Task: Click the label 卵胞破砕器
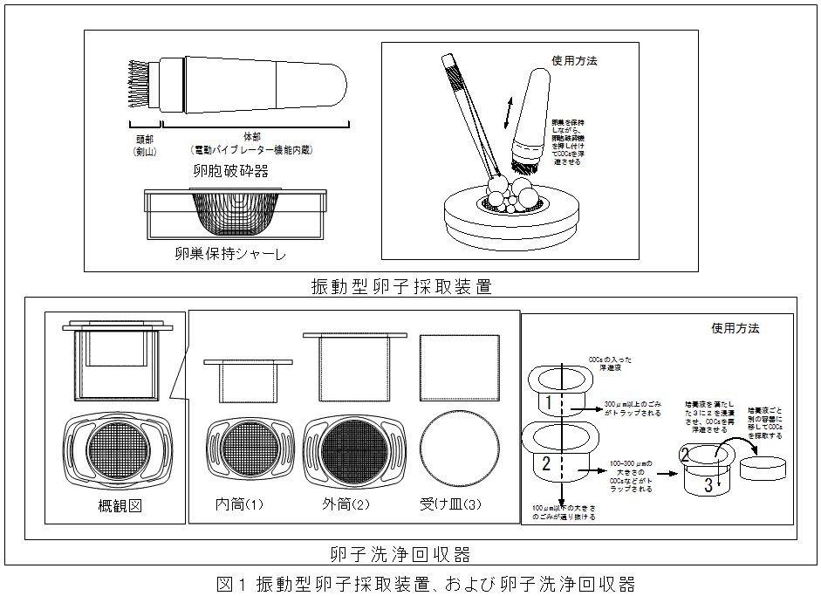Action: (230, 171)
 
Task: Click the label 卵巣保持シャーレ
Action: (230, 255)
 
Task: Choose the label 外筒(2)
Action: (349, 504)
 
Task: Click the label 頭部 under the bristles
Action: (143, 137)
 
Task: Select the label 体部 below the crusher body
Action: (252, 137)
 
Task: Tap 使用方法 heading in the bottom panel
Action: (735, 328)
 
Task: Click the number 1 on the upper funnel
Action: (546, 402)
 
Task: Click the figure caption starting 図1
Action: (424, 583)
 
